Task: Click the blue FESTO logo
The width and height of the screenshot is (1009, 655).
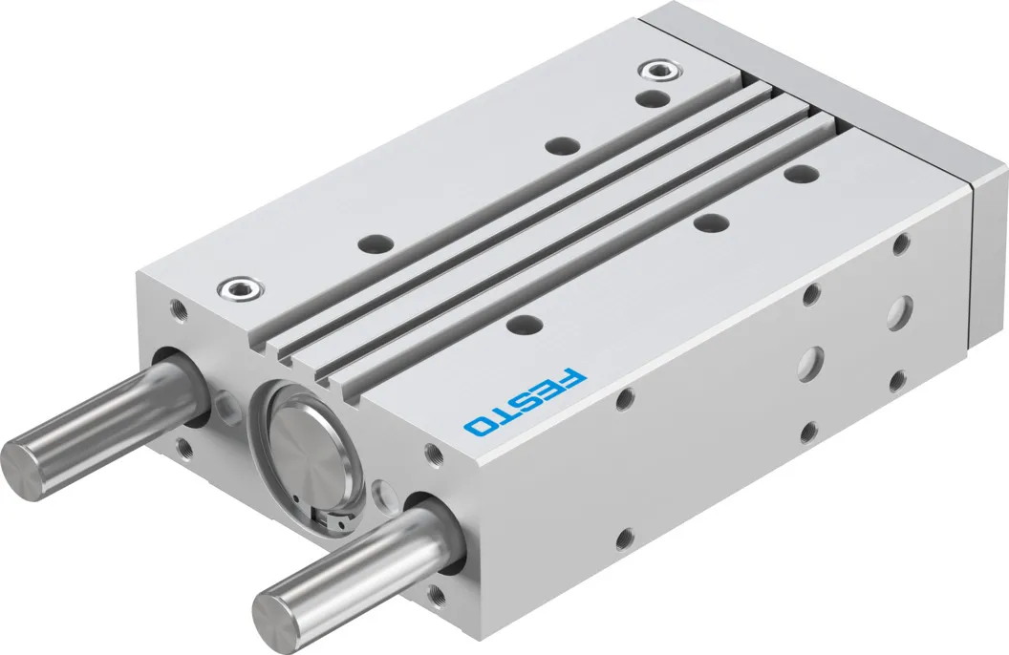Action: [526, 402]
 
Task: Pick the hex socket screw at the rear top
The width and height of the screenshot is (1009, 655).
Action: [657, 70]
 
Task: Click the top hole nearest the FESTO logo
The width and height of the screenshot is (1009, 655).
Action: [524, 324]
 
